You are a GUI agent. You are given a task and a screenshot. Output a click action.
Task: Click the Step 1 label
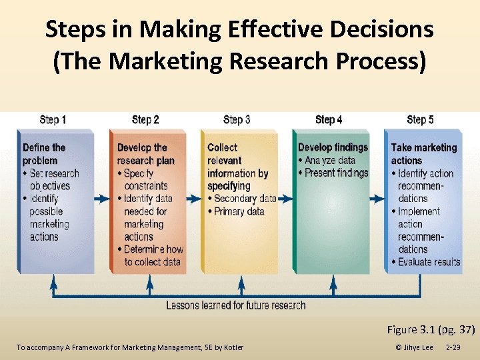(53, 120)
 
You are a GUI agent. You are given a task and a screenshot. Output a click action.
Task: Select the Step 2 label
(145, 120)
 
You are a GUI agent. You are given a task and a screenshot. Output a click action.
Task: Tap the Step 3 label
(237, 120)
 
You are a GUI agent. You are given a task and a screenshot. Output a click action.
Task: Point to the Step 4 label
(329, 120)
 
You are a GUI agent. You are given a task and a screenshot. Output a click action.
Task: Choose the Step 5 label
(420, 120)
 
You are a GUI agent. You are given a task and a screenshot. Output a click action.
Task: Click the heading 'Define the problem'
(44, 154)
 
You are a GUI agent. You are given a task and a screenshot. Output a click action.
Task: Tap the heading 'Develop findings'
(333, 147)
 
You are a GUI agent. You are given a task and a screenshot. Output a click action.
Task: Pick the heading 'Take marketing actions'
(424, 154)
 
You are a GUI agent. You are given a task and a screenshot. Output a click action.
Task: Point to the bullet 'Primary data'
(239, 211)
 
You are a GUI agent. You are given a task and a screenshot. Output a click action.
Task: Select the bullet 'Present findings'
(336, 173)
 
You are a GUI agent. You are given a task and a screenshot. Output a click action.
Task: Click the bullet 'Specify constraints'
(145, 179)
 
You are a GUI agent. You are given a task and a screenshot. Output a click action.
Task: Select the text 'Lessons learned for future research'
(236, 305)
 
